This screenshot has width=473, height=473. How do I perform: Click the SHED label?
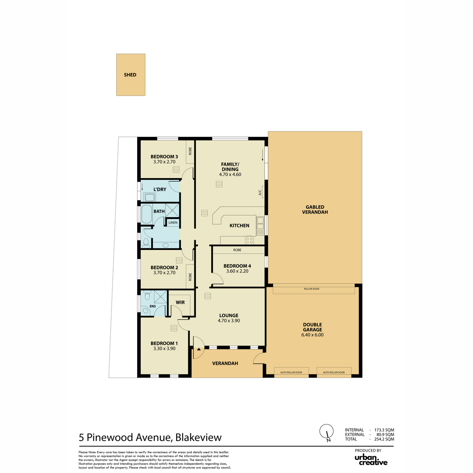pyautogui.click(x=130, y=75)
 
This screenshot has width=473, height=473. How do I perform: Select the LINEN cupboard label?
pyautogui.click(x=173, y=223)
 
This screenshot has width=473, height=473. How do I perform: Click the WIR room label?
pyautogui.click(x=180, y=302)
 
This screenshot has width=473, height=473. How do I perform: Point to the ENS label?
pyautogui.click(x=153, y=306)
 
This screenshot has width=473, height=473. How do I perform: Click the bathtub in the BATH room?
pyautogui.click(x=146, y=214)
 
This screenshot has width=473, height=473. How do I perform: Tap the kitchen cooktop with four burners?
pyautogui.click(x=250, y=240)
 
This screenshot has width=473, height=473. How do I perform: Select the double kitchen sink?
pyautogui.click(x=260, y=225)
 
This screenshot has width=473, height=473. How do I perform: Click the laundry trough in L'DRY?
pyautogui.click(x=149, y=197)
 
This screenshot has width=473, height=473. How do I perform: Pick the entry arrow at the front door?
pyautogui.click(x=199, y=349)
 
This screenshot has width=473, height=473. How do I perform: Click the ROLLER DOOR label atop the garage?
pyautogui.click(x=311, y=289)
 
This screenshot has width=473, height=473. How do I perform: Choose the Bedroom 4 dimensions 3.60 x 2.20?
pyautogui.click(x=237, y=271)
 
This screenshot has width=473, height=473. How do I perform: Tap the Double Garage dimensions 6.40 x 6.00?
pyautogui.click(x=312, y=335)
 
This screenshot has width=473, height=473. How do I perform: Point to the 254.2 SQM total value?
pyautogui.click(x=384, y=439)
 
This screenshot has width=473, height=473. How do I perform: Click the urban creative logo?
pyautogui.click(x=371, y=460)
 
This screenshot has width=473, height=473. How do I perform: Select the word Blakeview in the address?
pyautogui.click(x=198, y=438)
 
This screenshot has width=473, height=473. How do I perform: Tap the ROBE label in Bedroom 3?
pyautogui.click(x=190, y=151)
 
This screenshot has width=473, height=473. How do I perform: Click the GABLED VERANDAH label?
pyautogui.click(x=315, y=210)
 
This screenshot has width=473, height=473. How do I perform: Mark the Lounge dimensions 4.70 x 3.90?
pyautogui.click(x=229, y=320)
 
